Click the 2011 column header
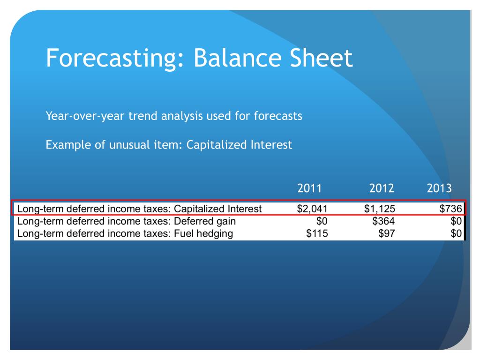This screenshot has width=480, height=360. [x=309, y=188]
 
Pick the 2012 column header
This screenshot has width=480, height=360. [x=382, y=188]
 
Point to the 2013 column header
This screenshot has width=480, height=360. [x=439, y=188]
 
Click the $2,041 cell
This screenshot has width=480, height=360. [x=312, y=209]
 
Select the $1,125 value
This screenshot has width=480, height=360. [x=380, y=209]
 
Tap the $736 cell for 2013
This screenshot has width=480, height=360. [x=450, y=209]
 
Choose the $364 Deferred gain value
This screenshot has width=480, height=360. [x=383, y=221]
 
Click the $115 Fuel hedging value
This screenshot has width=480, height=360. [x=317, y=233]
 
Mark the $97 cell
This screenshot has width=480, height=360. [x=387, y=233]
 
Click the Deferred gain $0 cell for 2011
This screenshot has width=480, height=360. [x=322, y=221]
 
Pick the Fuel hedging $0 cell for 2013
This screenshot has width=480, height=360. [x=456, y=233]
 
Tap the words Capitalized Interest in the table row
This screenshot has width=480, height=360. [x=217, y=209]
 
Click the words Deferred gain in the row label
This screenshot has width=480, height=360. [x=205, y=221]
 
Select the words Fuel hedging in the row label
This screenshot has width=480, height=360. [x=203, y=234]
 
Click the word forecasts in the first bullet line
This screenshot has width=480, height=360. [x=278, y=116]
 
